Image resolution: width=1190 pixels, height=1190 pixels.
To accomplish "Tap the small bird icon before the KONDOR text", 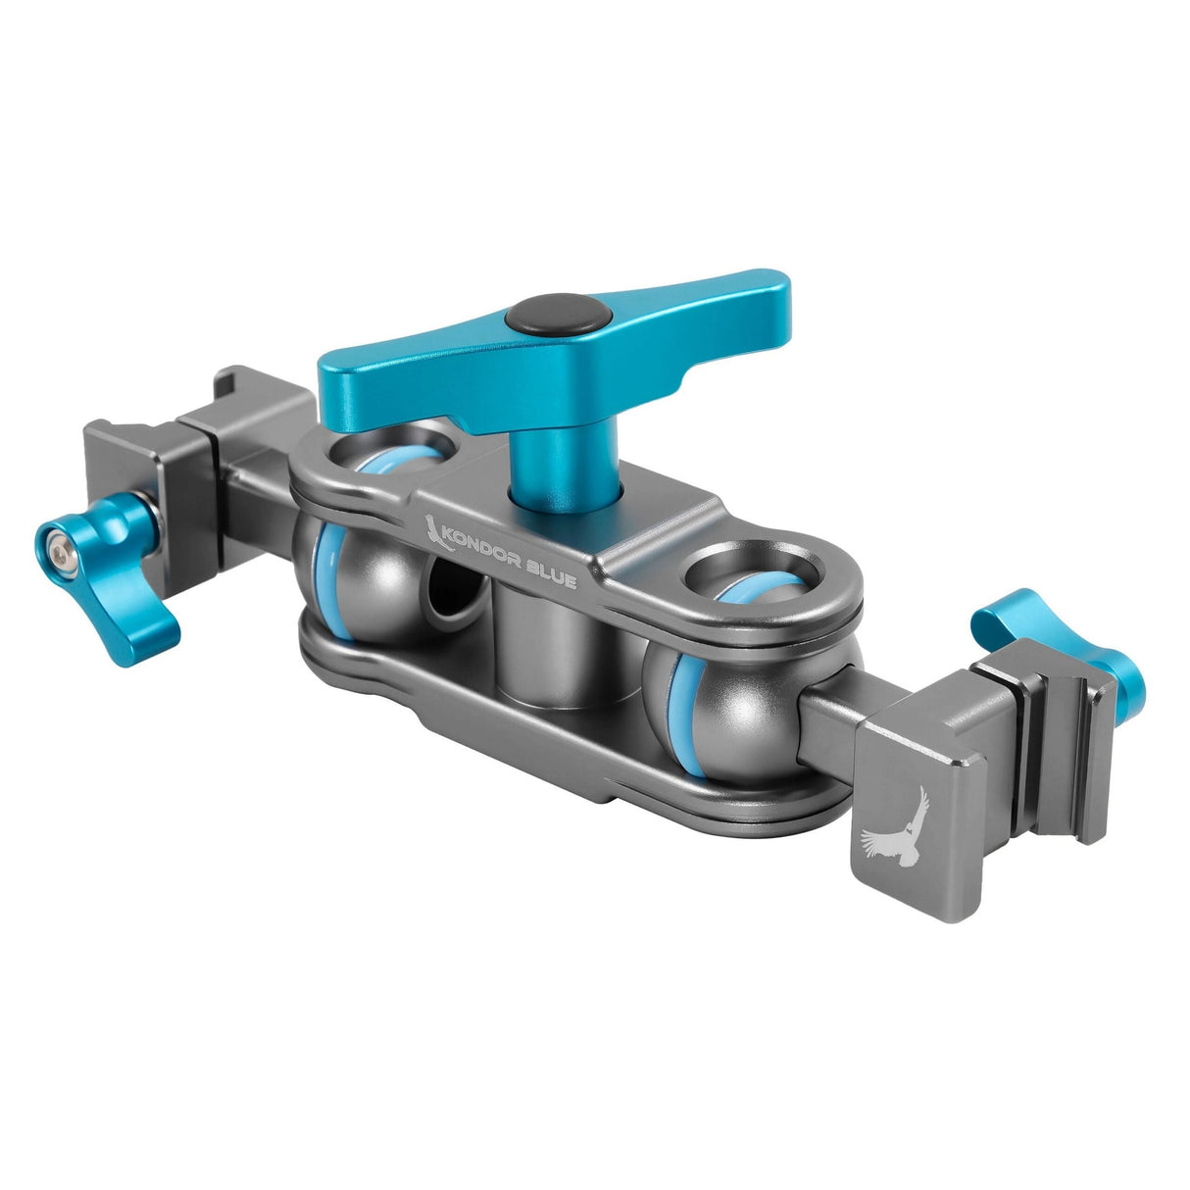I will pos(431,529).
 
